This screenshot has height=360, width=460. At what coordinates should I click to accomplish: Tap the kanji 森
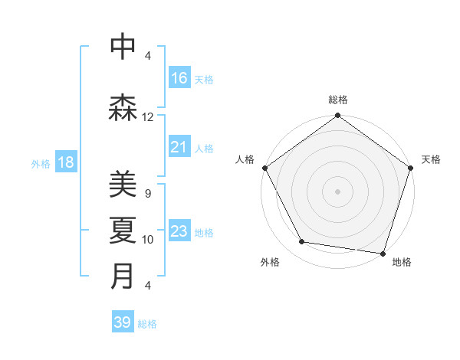pos(123,108)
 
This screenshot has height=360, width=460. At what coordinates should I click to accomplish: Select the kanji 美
pos(123,185)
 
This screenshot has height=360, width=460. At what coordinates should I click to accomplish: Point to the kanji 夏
pos(123,230)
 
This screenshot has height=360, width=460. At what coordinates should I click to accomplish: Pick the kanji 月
pos(123,275)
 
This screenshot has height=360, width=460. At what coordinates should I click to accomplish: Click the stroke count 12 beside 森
pos(148,117)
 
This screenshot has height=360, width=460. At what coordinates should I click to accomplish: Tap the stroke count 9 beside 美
pos(147,194)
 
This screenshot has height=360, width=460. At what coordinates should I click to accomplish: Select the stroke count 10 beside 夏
pos(148,240)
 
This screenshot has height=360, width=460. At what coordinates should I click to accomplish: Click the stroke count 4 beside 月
pos(147,286)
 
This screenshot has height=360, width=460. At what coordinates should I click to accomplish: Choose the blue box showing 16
pos(179,78)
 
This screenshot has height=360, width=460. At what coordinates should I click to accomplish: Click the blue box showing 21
pos(179,147)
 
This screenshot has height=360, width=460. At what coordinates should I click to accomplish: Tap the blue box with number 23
pos(179,231)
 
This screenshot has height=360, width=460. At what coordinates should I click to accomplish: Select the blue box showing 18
pos(65,162)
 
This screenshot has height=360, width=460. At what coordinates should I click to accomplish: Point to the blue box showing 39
pos(123,322)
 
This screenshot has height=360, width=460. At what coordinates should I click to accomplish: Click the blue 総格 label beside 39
pos(147,324)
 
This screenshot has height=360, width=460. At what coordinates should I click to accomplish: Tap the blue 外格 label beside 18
pos(41,163)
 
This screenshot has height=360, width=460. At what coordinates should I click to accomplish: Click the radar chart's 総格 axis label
pos(338,100)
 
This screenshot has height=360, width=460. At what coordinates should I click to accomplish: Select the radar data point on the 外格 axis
pos(302,242)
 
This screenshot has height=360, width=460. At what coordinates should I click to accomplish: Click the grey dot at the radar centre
pos(337,191)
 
